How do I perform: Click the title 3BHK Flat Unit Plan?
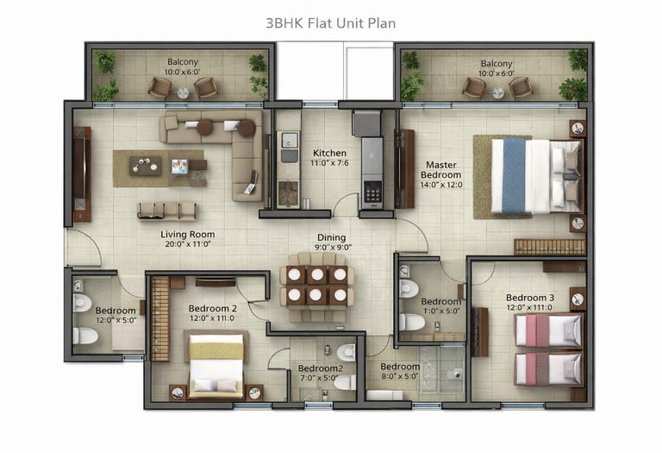click(331, 22)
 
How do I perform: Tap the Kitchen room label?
click(329, 153)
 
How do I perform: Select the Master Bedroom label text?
click(440, 170)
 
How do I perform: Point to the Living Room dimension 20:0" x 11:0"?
click(188, 244)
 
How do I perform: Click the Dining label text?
click(331, 238)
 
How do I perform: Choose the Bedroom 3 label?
click(530, 298)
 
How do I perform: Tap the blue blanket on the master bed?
click(515, 176)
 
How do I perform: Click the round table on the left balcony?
click(183, 92)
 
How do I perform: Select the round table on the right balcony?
click(497, 92)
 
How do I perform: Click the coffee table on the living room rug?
click(145, 165)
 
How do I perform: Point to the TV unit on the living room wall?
click(81, 174)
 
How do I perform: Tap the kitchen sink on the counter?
click(289, 140)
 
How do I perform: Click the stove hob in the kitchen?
click(372, 192)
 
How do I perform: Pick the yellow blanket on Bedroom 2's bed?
click(216, 351)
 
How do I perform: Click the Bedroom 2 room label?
click(212, 309)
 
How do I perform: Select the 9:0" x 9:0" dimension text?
click(333, 248)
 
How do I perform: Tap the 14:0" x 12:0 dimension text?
click(441, 185)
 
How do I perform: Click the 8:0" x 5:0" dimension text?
click(399, 376)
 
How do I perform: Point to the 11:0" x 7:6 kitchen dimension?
click(330, 163)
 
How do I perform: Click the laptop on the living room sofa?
click(251, 188)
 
